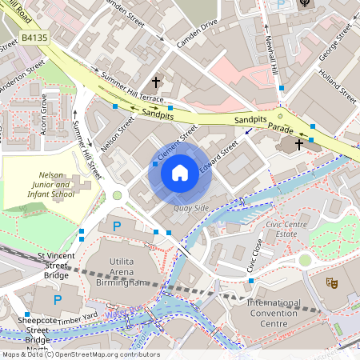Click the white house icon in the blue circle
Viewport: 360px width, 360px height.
click(180, 172)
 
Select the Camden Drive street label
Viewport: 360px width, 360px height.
click(197, 31)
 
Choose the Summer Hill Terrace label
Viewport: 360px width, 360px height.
click(132, 88)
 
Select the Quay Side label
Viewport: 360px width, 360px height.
click(191, 208)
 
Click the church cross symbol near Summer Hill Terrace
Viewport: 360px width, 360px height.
click(156, 82)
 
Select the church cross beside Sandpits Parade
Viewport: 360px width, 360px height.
click(299, 144)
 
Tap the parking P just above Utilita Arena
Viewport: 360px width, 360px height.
click(117, 226)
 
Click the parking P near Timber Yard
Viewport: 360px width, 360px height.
click(57, 300)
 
